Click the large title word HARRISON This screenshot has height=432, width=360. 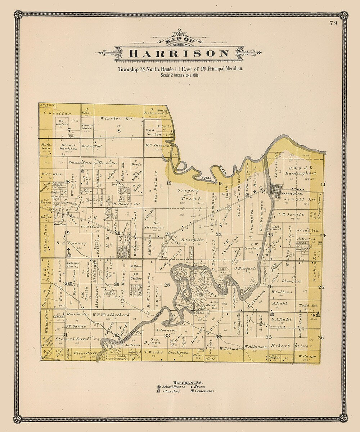179,54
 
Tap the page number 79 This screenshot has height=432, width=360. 333,24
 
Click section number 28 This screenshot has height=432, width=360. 167,285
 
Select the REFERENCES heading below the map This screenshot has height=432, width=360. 188,382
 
